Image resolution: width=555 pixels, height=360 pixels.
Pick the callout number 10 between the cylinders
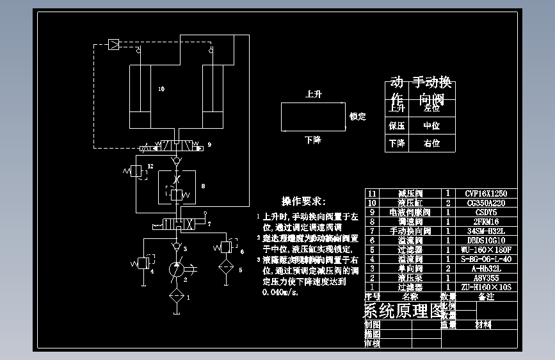point(161,90)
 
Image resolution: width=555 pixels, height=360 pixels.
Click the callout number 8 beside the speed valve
point(202,186)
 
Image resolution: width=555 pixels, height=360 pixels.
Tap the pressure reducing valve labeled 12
point(136,171)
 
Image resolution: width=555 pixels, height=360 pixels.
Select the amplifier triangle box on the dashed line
point(113,44)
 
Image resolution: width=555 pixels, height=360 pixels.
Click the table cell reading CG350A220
point(485,202)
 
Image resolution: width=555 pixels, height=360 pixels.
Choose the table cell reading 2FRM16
point(485,221)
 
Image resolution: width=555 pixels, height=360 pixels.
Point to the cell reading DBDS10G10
point(485,240)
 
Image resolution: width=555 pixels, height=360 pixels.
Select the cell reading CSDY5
point(485,212)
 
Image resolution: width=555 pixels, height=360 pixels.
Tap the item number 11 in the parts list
point(371,193)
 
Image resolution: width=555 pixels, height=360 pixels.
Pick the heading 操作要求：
point(304,201)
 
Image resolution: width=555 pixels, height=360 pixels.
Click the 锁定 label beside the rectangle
point(357,117)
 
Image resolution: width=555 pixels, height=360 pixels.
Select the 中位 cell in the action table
point(431,126)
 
